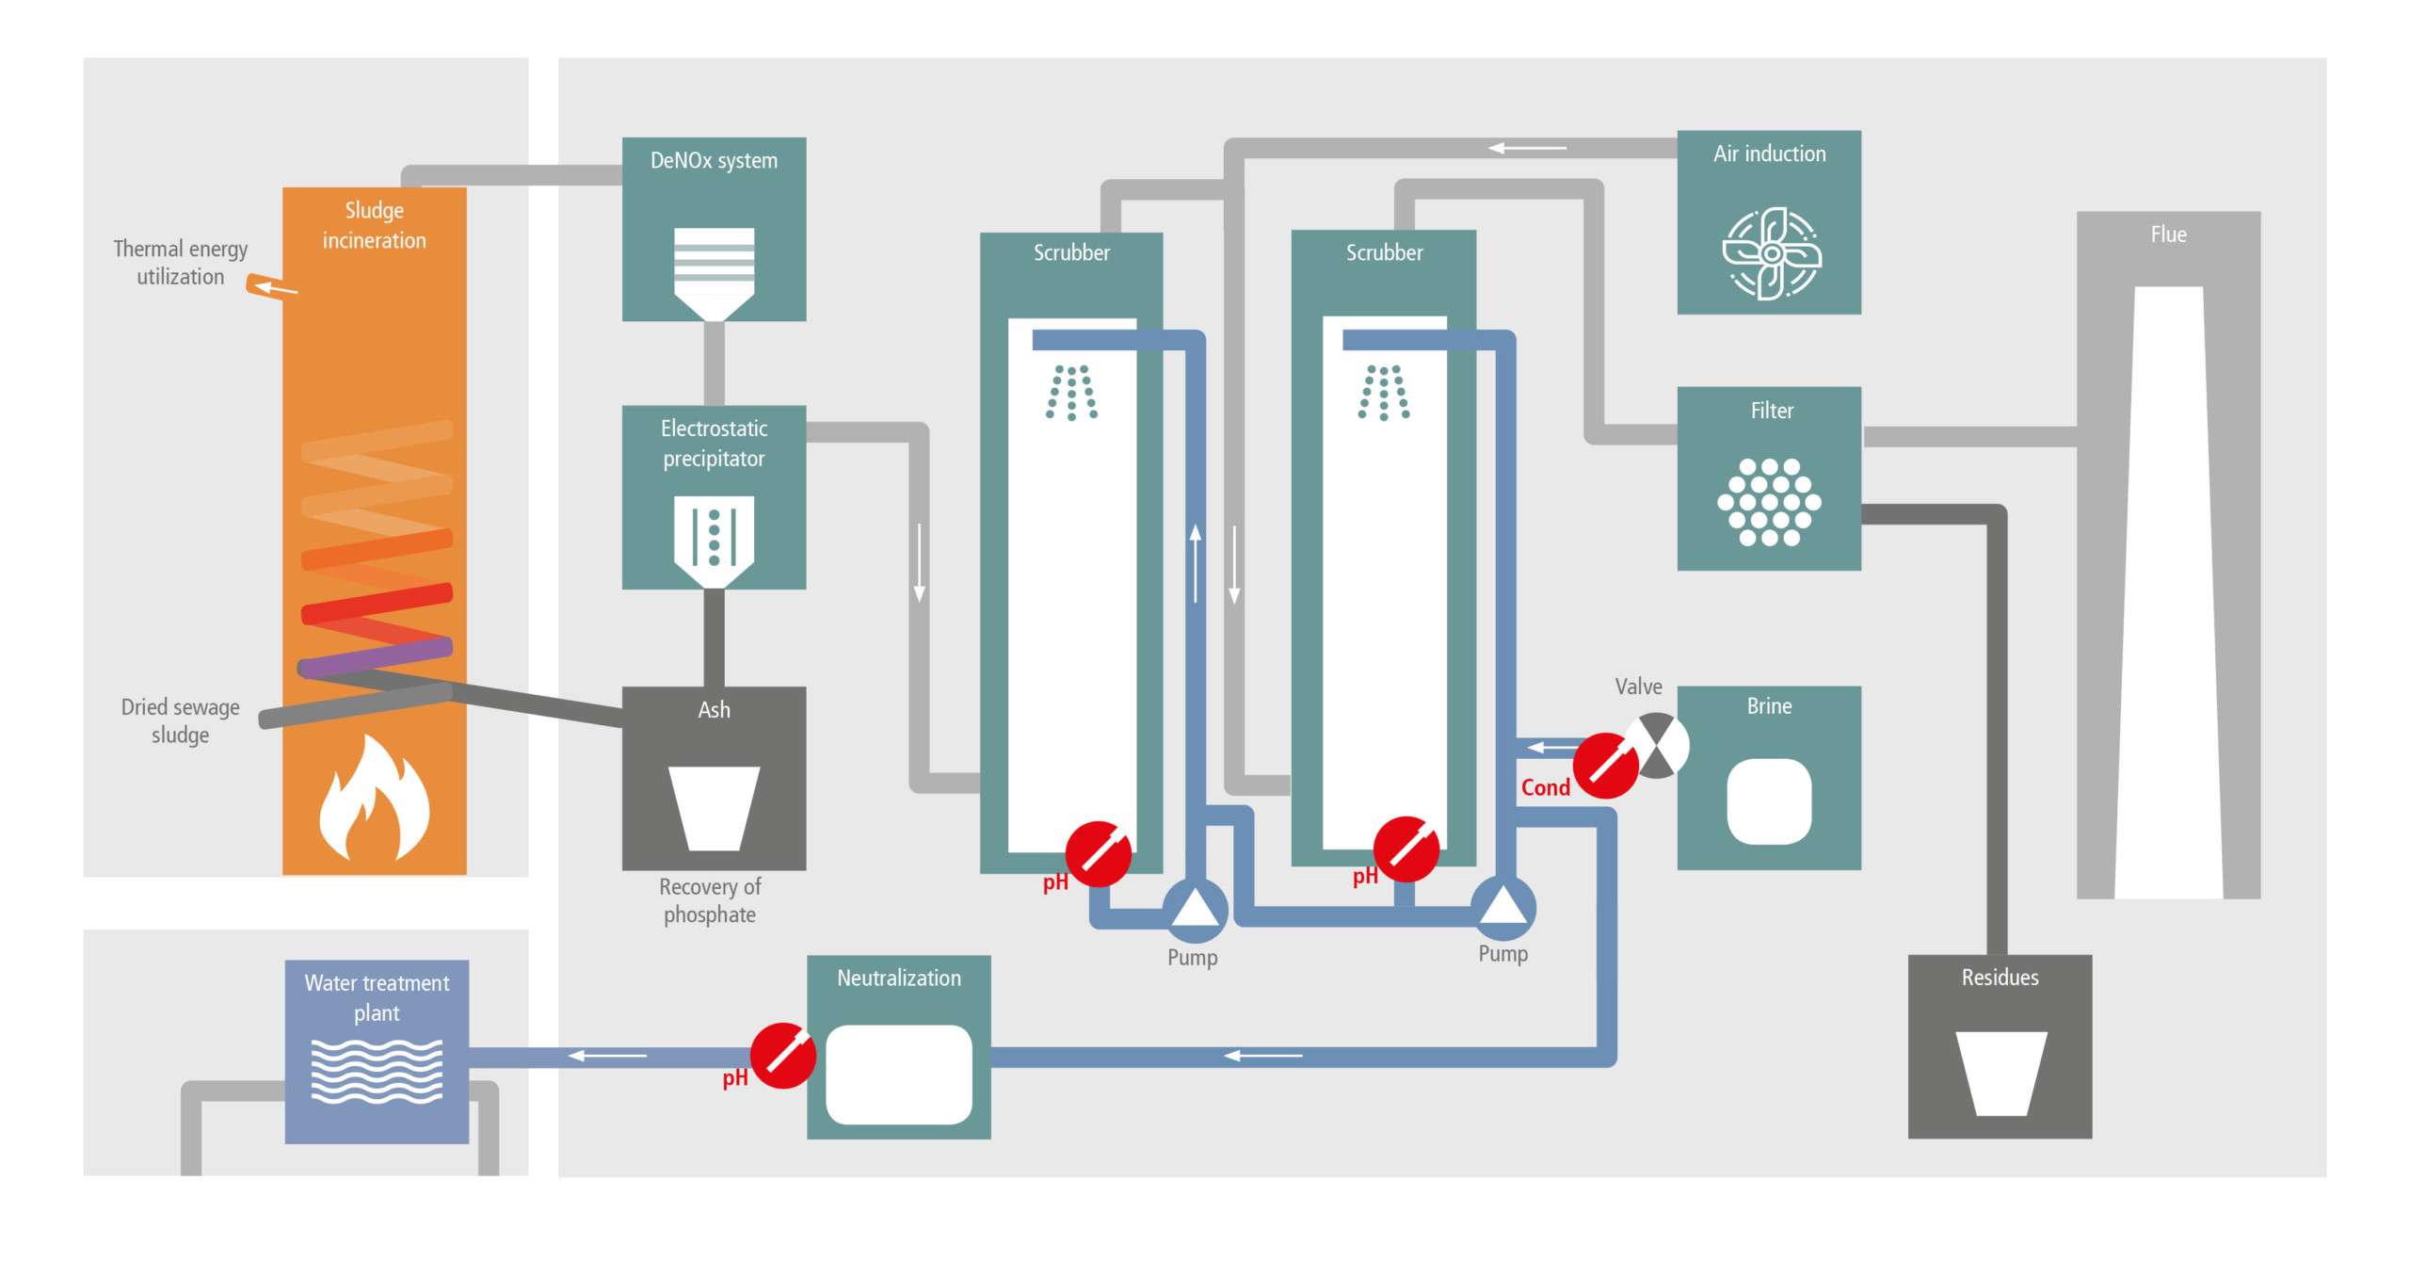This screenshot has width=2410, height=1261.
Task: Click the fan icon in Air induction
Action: point(1771,253)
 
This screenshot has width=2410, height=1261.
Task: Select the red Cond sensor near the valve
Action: point(1606,766)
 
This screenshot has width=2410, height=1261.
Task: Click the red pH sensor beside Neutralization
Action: point(782,1056)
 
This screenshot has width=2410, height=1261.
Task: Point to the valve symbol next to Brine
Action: point(1658,745)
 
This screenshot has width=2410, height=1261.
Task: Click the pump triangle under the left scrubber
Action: point(1195,909)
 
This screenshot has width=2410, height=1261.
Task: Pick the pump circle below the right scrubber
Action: point(1502,906)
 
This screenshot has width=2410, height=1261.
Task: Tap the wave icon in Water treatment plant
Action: point(377,1071)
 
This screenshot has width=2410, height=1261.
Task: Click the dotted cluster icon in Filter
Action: point(1769,502)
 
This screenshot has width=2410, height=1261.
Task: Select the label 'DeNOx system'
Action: point(714,161)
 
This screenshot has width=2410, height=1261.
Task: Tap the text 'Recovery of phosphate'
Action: point(710,900)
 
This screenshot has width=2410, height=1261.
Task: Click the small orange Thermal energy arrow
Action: point(270,285)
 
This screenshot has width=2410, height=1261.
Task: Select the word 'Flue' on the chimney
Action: point(2168,234)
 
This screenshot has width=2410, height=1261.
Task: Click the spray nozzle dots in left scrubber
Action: point(1071,392)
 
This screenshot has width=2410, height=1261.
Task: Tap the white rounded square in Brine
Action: point(1769,801)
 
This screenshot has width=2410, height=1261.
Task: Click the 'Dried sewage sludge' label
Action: point(180,720)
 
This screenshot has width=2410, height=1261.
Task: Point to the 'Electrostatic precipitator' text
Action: point(714,444)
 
